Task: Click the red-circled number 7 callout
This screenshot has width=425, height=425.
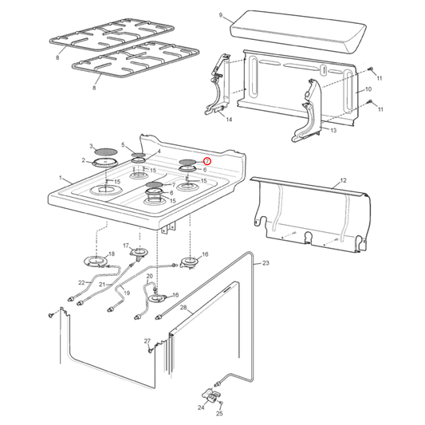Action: click(x=207, y=161)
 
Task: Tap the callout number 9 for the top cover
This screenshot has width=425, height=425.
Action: click(x=221, y=15)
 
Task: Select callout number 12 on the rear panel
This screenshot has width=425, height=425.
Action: click(x=343, y=180)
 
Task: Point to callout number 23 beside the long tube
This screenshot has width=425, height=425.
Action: click(x=266, y=263)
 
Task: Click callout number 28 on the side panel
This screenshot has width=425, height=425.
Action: click(x=183, y=307)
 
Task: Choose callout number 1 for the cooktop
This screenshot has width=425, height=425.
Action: click(x=61, y=178)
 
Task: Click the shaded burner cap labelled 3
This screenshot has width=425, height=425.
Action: click(x=107, y=152)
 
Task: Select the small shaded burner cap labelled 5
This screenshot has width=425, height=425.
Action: click(x=138, y=155)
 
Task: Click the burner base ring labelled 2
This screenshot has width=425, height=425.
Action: click(x=105, y=163)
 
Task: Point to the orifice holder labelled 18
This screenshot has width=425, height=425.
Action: click(x=96, y=262)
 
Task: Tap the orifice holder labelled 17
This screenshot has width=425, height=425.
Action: click(x=139, y=253)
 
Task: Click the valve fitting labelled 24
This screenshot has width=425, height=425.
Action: click(x=211, y=396)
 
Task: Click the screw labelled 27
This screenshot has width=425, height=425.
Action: click(x=150, y=351)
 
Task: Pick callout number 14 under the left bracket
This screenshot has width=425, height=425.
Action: click(x=229, y=120)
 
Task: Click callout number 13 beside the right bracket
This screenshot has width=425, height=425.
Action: click(x=333, y=131)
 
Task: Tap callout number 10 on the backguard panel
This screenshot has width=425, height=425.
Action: click(x=368, y=89)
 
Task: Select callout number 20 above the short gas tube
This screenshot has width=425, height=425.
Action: click(x=150, y=276)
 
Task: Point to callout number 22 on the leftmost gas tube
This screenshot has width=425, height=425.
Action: click(x=81, y=283)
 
